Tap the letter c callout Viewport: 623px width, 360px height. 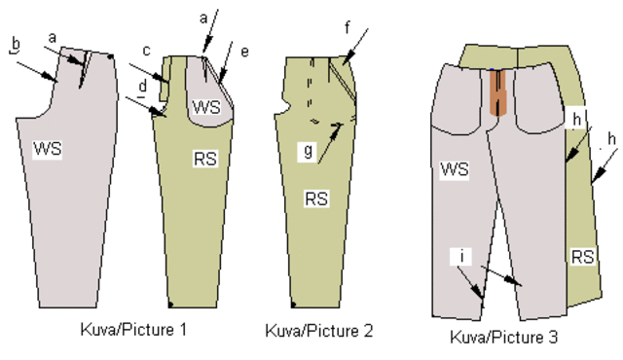[x=145, y=51]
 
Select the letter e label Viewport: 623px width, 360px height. [x=244, y=51]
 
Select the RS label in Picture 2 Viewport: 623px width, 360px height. [x=316, y=199]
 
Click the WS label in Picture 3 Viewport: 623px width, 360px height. [x=456, y=169]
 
